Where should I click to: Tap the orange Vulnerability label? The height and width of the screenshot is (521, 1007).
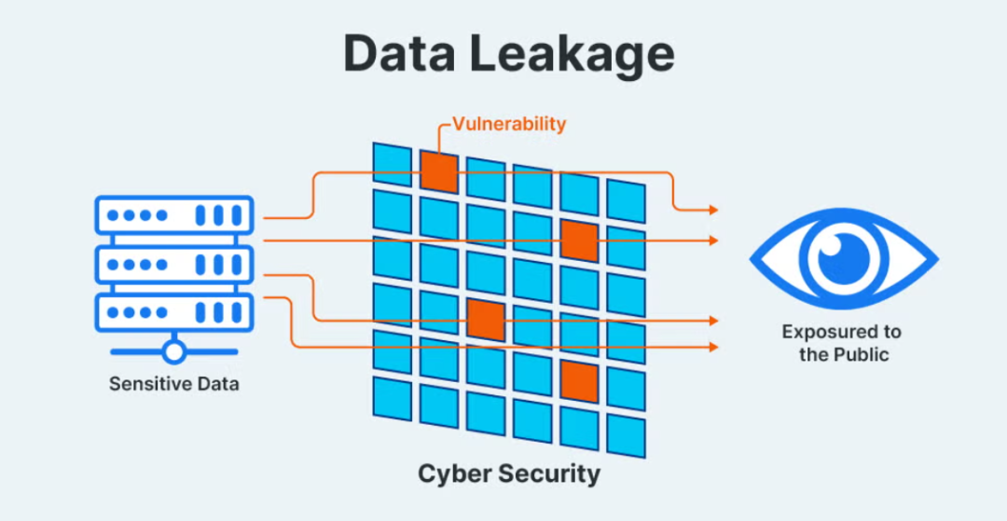tap(509, 123)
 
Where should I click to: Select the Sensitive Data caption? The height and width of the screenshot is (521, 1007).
tap(173, 383)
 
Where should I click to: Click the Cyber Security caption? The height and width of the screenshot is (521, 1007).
tap(508, 473)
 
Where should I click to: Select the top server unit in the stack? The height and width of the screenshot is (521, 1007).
tap(174, 215)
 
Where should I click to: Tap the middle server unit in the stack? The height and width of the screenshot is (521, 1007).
tap(174, 265)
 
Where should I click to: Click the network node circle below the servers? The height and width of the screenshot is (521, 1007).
tap(173, 352)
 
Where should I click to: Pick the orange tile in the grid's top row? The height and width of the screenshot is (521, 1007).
tap(438, 171)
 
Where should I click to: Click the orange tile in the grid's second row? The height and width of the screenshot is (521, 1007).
tap(578, 240)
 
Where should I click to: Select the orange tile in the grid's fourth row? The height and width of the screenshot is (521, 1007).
tap(485, 320)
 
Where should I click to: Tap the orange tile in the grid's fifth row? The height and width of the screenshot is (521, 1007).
tap(579, 381)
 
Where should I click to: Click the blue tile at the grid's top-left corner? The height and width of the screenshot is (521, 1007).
tap(392, 164)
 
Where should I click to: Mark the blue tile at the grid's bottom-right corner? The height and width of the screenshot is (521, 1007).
tap(626, 435)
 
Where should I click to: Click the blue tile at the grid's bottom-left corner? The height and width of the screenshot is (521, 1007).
tap(392, 398)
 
